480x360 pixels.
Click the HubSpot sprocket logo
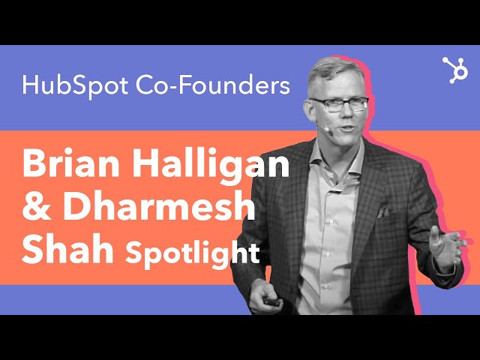pyautogui.click(x=455, y=70)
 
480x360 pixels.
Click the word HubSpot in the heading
pyautogui.click(x=75, y=85)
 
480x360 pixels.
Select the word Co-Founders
pyautogui.click(x=213, y=85)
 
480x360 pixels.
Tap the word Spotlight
pyautogui.click(x=193, y=253)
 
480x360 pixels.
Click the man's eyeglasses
pyautogui.click(x=340, y=104)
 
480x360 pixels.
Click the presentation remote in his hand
pyautogui.click(x=271, y=301)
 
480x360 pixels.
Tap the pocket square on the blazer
pyautogui.click(x=383, y=212)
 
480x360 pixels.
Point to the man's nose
pyautogui.click(x=347, y=112)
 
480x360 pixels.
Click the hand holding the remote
pyautogui.click(x=265, y=297)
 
